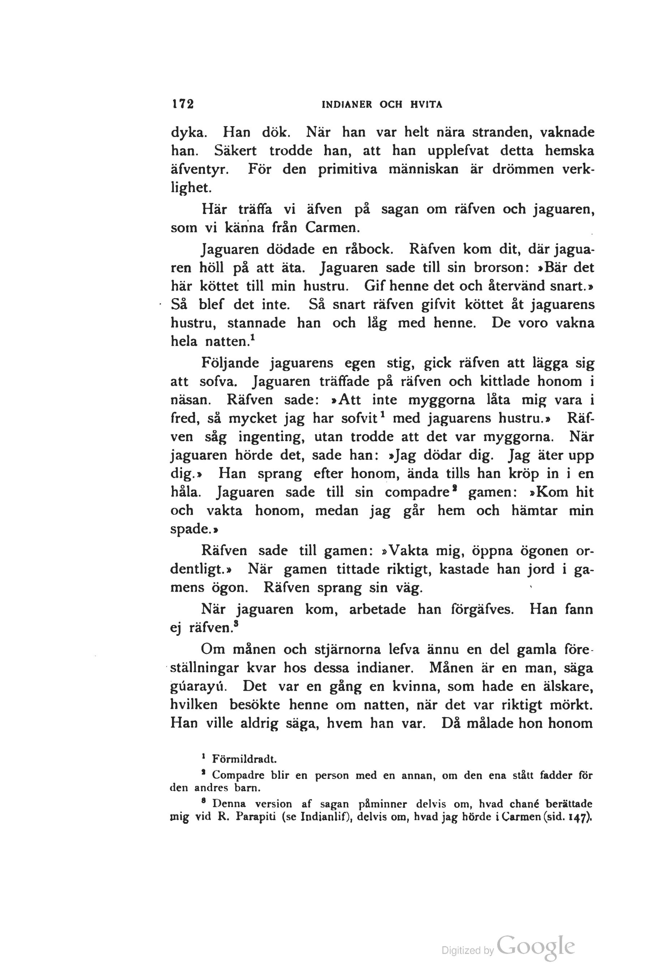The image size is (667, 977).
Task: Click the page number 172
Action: (x=182, y=104)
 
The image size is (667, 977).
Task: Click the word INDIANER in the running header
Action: (x=347, y=105)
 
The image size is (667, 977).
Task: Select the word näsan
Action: (x=191, y=400)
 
